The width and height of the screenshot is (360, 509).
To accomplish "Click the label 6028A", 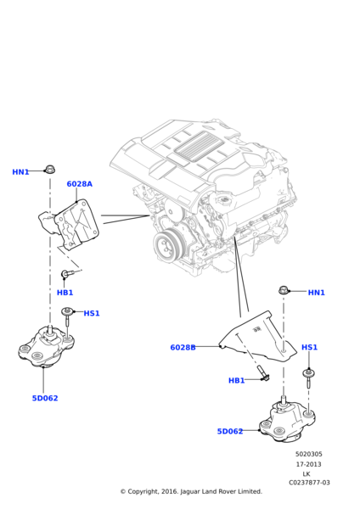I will pos(79,184).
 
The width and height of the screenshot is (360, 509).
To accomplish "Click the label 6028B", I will pos(183,347).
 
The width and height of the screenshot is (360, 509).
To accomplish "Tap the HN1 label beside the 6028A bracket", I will pos(20,172).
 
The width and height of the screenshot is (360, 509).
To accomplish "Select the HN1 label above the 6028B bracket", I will pos(316,293).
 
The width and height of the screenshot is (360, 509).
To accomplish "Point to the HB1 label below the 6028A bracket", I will pos(65,293).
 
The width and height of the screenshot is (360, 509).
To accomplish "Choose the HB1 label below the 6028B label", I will pos(236,380).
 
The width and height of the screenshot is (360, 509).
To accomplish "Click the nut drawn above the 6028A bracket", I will pos(49,170).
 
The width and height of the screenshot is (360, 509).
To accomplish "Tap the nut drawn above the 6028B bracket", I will pos(284,291).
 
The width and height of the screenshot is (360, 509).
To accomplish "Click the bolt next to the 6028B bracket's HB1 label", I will pos(264,374).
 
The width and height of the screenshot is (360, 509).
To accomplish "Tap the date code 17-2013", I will pos(308,464).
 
